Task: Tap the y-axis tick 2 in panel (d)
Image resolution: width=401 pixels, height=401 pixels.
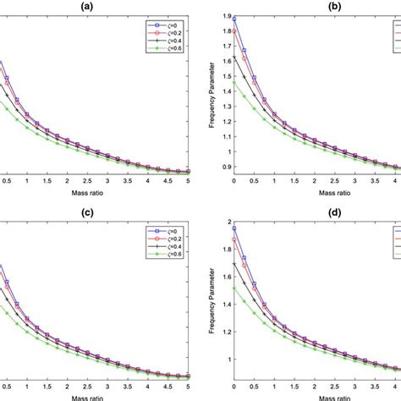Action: (225, 222)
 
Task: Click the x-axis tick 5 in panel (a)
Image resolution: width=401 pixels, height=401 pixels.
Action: (188, 180)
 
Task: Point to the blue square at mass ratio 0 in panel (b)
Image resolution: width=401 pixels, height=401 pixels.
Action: (234, 19)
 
